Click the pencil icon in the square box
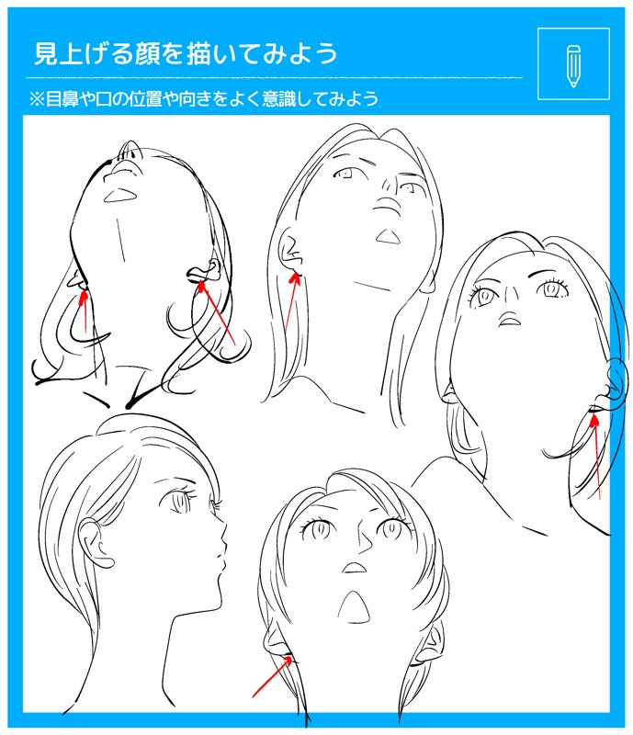coord(573,66)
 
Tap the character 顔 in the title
coord(146,53)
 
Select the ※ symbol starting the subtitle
coord(37,99)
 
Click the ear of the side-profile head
coord(96,543)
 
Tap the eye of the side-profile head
coord(178,501)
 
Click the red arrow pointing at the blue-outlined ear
coord(596,457)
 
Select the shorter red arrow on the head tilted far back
coord(84,311)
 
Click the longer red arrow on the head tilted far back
coord(217,313)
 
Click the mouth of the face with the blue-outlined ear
coord(510,321)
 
